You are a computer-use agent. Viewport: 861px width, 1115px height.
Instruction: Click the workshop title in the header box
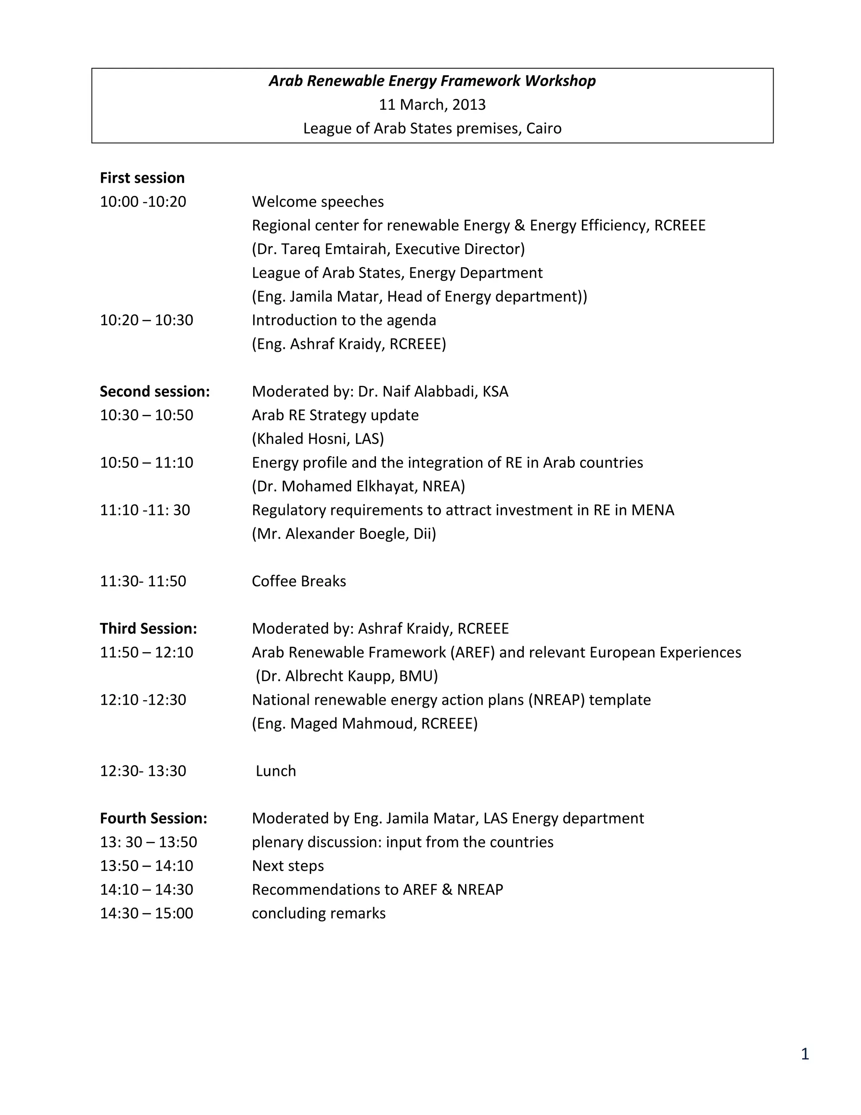point(432,81)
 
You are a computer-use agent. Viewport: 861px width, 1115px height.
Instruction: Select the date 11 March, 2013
point(432,105)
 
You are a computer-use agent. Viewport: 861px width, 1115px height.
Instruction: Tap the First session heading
point(143,178)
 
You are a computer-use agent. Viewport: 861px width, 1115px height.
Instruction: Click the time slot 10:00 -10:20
point(143,202)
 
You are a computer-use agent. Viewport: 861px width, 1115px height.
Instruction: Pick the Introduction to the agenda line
point(344,320)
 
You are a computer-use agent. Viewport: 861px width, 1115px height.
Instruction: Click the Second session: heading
point(155,392)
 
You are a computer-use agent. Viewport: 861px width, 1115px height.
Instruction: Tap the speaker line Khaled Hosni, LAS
point(318,439)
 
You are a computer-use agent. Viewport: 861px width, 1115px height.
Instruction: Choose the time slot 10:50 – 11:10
point(146,462)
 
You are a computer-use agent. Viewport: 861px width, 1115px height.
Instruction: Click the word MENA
point(652,510)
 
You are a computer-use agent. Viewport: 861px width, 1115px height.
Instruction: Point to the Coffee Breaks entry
point(299,581)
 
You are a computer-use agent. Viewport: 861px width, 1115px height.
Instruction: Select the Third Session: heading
point(148,629)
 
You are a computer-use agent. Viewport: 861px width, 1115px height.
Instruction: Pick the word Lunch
point(275,771)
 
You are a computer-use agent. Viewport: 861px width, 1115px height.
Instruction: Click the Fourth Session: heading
point(153,818)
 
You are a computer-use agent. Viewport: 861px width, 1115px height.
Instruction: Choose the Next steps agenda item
point(288,866)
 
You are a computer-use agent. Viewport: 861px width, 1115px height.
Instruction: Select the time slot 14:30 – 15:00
point(146,913)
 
